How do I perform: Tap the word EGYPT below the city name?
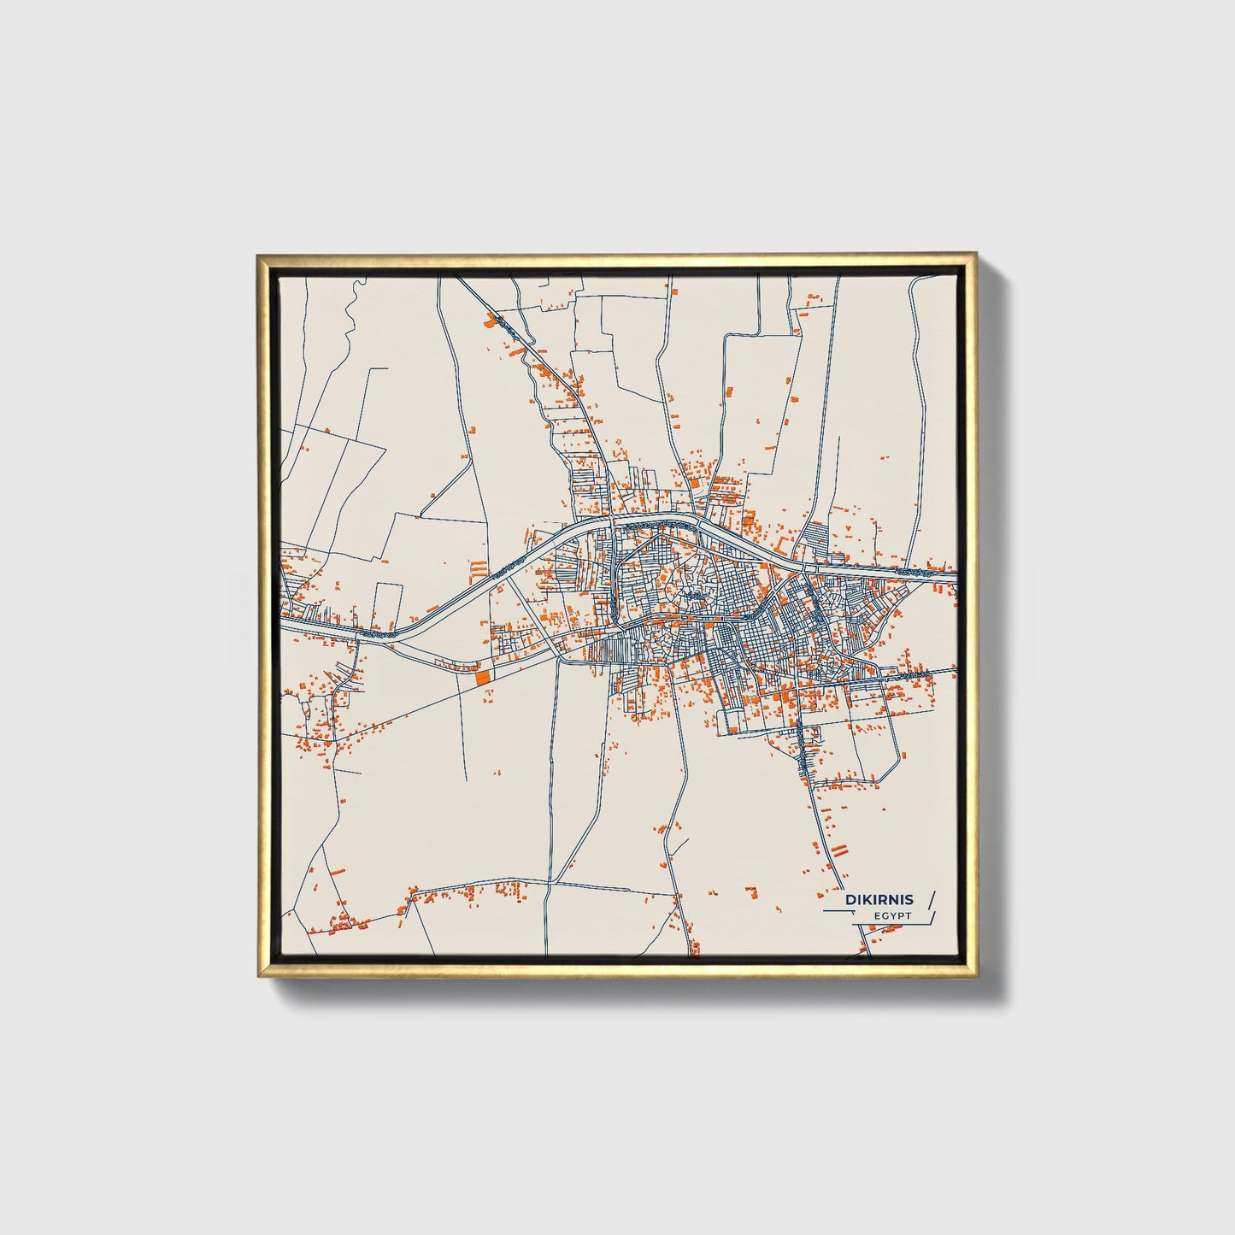(892, 915)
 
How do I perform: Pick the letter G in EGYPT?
(885, 915)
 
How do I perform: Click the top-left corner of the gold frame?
(256, 254)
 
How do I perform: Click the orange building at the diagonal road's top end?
(490, 321)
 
